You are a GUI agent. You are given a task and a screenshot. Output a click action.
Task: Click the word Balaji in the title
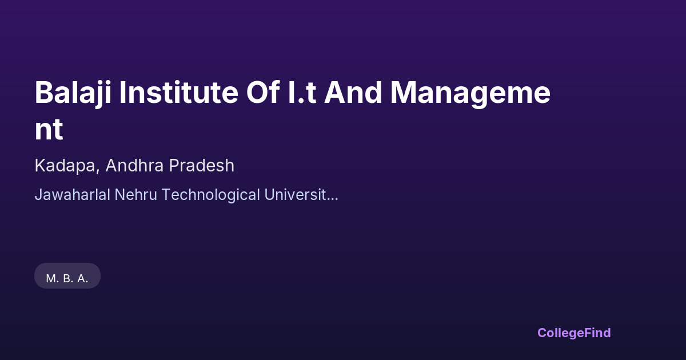[x=73, y=93]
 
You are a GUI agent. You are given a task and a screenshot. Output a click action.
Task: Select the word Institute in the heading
[x=178, y=93]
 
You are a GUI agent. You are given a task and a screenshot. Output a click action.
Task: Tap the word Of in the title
[x=263, y=92]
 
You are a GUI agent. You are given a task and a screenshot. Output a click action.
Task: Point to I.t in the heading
[x=302, y=93]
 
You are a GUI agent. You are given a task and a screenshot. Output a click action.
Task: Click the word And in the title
[x=353, y=92]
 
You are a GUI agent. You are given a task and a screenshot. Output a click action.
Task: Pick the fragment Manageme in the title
[x=470, y=94]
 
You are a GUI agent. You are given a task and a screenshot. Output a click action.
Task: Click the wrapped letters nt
[x=49, y=130]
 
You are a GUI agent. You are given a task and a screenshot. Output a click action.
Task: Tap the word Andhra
[x=134, y=165]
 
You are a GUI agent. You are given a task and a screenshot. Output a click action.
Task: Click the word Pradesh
[x=201, y=165]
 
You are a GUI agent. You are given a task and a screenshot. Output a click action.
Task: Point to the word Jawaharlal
[x=72, y=195]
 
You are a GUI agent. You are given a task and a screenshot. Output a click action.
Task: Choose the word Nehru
[x=135, y=194]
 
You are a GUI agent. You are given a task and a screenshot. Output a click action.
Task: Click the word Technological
[x=211, y=195]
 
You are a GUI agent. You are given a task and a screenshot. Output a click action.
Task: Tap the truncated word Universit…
[x=301, y=194]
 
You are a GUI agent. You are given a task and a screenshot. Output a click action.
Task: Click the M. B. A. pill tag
[x=67, y=276]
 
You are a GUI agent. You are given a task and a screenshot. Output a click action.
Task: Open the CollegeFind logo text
[x=574, y=333]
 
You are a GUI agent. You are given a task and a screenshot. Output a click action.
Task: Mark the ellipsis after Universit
[x=332, y=199]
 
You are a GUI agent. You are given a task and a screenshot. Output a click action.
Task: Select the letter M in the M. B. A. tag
[x=50, y=279]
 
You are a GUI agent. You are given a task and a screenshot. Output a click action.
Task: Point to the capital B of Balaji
[x=44, y=93]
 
